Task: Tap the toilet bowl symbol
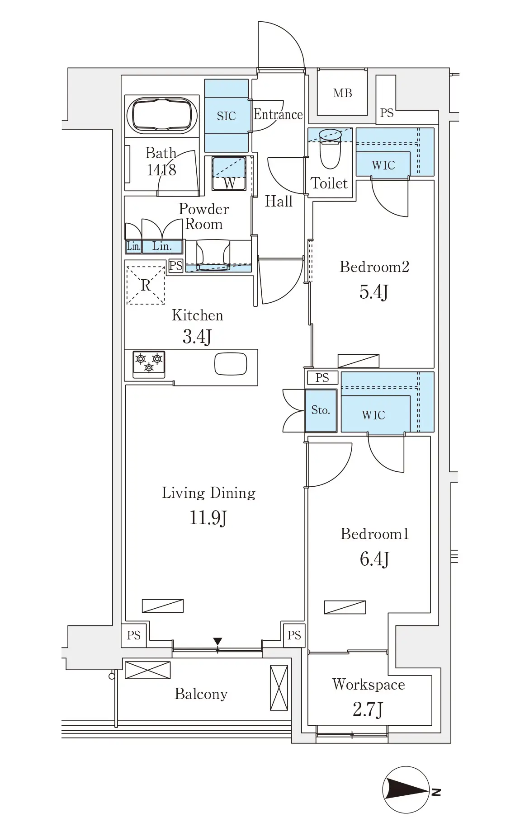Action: (330, 149)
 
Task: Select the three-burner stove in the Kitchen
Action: (149, 364)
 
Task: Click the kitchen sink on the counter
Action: (231, 364)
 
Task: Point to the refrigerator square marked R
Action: (145, 285)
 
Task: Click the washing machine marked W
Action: (229, 174)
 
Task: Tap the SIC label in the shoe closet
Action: (226, 116)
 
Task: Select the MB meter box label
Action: (342, 93)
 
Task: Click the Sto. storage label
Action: (321, 410)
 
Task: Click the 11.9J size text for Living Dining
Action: (208, 518)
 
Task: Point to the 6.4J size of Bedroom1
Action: (374, 559)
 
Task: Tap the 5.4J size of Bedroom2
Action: (373, 292)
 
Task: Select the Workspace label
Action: (369, 684)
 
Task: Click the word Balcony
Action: (201, 694)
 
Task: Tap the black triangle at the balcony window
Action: (217, 641)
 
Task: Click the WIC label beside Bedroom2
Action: (383, 165)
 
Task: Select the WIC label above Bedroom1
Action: (373, 415)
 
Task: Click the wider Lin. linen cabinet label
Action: (162, 246)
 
